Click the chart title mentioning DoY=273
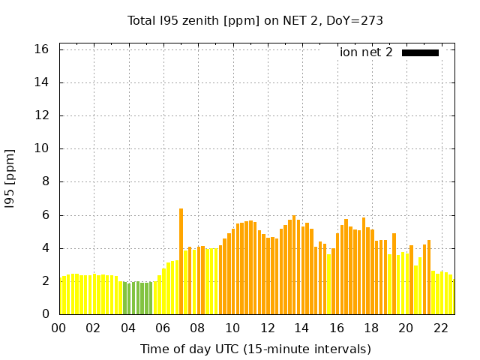pos(255,20)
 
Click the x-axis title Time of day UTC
pos(255,349)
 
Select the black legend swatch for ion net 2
pos(420,52)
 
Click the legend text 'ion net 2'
pos(366,52)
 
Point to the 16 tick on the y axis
pos(42,49)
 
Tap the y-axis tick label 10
pos(42,148)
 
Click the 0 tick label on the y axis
pos(46,314)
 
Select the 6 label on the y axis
pos(46,215)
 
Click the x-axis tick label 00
pos(58,328)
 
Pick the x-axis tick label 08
pos(197,328)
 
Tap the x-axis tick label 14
pos(301,328)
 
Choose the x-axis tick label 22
pos(440,328)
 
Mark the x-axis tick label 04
pos(128,328)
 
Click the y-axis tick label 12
pos(42,115)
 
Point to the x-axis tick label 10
pos(232,328)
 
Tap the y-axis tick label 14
pos(42,82)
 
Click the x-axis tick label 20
pos(406,328)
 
